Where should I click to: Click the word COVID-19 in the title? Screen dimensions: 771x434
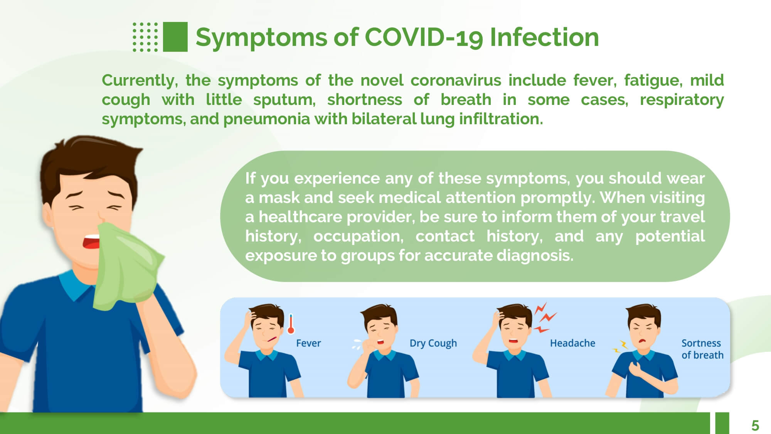[424, 37]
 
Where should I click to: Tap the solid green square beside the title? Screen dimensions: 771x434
[175, 37]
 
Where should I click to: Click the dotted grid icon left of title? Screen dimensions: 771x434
[145, 37]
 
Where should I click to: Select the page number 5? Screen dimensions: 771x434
[755, 426]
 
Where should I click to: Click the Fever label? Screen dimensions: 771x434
[308, 343]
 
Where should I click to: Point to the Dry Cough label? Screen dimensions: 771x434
[433, 343]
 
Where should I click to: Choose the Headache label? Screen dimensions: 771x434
[572, 343]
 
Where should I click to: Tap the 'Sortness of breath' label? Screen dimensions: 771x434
[702, 349]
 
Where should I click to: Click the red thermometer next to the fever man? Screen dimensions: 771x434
[291, 324]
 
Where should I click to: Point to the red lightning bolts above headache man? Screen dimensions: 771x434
[545, 317]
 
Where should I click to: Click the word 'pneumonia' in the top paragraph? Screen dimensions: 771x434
[266, 119]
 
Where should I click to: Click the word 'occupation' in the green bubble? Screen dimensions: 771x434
[358, 236]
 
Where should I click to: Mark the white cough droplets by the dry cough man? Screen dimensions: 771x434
[357, 344]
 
